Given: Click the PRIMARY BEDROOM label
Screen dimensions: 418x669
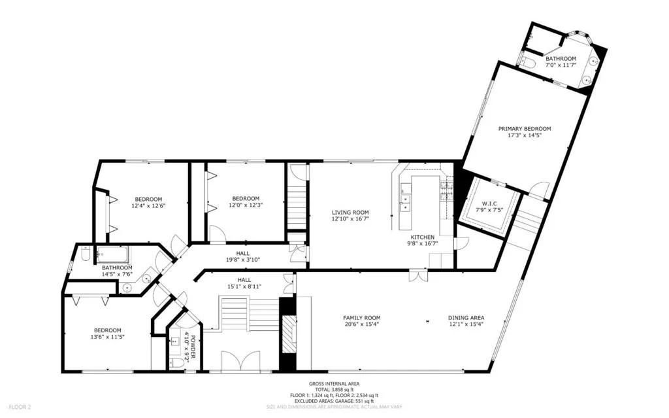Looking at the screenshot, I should pos(525,129).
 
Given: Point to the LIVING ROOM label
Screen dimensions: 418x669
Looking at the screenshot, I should pos(350,213).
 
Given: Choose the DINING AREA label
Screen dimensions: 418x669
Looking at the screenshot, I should pos(466,319).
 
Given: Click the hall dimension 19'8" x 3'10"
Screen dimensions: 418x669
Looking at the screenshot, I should pos(243,260).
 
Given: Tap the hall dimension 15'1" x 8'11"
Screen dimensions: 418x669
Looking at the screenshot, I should pos(243,286).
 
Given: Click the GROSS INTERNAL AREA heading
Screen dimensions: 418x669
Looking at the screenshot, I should pos(334,384).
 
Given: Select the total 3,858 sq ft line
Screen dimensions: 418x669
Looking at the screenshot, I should pos(334,390).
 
